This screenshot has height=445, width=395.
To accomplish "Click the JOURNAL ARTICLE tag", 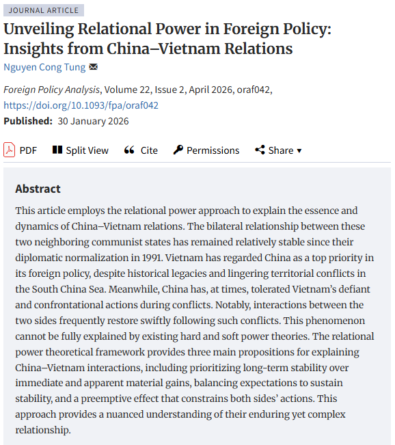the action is tap(44, 10).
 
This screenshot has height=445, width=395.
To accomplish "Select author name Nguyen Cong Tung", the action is tap(44, 67).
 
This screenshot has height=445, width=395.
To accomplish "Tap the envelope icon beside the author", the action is tap(94, 67).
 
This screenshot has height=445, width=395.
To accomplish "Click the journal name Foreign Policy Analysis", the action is tap(52, 90).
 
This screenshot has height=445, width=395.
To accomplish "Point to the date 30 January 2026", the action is tap(94, 121).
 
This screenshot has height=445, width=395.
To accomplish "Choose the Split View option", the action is tap(80, 150).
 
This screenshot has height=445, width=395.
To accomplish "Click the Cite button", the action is tap(141, 150).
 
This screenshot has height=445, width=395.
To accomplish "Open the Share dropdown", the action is tap(278, 150).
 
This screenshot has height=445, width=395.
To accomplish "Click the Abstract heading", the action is tap(38, 189).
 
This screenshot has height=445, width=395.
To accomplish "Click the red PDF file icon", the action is tap(9, 150).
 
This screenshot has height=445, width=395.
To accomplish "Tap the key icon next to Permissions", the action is tap(178, 150).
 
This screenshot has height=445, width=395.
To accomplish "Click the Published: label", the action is tap(28, 121).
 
